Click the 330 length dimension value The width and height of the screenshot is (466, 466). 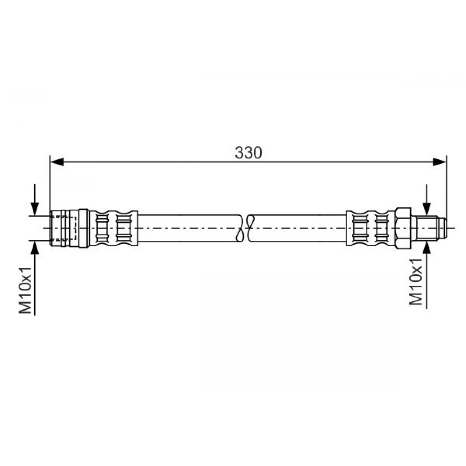(248, 153)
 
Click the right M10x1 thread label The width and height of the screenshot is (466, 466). (416, 282)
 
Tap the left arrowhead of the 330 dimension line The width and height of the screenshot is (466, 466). (57, 162)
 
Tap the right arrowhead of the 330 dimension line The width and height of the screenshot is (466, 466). (439, 162)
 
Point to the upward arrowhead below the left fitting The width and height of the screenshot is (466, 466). (35, 247)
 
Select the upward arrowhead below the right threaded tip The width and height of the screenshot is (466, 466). (427, 247)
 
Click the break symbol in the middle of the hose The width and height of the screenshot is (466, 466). (245, 228)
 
